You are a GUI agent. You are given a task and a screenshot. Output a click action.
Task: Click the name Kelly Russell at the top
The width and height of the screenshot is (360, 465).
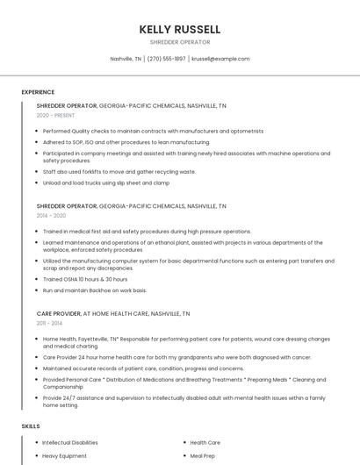[x=179, y=29]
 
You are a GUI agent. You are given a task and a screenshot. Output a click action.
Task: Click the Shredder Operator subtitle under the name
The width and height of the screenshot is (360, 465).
[x=179, y=42]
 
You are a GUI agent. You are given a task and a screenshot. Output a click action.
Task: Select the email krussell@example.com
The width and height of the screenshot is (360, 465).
[x=220, y=59]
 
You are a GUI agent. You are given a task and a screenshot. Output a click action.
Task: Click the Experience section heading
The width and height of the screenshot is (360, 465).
[x=38, y=92]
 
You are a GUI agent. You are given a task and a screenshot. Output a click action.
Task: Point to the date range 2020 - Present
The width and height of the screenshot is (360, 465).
[x=55, y=115]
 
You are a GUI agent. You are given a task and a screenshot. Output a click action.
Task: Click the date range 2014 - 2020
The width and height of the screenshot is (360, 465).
[x=51, y=215]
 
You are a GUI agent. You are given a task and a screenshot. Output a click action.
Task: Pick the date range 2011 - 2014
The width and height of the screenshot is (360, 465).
[x=49, y=323]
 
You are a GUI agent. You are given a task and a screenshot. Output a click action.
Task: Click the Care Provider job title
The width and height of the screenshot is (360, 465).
[x=58, y=313]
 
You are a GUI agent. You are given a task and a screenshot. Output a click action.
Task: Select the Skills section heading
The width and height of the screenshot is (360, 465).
[x=31, y=426]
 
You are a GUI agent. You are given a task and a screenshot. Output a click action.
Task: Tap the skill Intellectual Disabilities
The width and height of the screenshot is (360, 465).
[x=70, y=443]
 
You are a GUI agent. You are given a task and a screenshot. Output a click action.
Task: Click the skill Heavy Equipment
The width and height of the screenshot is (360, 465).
[x=64, y=456]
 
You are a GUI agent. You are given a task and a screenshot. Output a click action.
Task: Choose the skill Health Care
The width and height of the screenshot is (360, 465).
[x=205, y=443]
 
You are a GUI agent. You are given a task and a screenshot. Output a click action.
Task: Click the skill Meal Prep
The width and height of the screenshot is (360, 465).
[x=203, y=456]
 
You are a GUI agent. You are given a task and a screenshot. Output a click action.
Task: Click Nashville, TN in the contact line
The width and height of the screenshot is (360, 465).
[x=126, y=59]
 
